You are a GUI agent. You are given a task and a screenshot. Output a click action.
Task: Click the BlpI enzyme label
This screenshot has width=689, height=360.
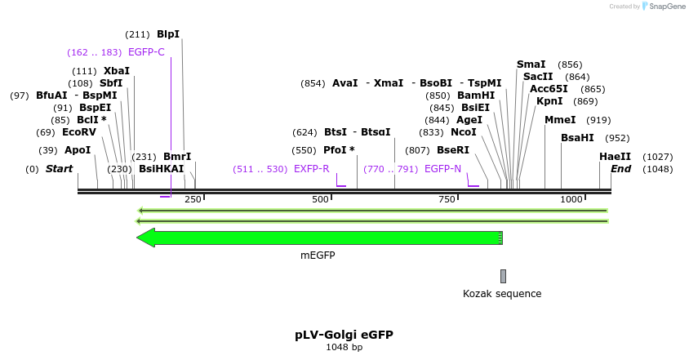[168, 34]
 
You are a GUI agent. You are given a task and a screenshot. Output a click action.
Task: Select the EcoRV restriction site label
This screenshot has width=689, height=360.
[79, 132]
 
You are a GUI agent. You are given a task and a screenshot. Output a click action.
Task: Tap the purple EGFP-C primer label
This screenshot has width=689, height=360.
[146, 52]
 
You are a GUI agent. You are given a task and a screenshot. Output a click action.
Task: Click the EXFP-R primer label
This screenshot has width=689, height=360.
[311, 169]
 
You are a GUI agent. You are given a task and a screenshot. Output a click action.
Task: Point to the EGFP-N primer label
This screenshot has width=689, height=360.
[442, 169]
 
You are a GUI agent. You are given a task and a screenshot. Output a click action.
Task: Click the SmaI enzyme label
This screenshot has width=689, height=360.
[531, 64]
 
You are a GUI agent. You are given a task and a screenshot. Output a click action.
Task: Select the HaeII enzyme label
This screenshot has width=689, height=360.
[615, 157]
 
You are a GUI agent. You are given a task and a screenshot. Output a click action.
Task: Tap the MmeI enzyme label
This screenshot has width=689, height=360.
[560, 120]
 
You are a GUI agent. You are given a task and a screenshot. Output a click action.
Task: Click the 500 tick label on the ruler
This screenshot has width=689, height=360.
[320, 199]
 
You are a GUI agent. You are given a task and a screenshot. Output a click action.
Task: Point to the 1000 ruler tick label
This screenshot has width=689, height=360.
[571, 199]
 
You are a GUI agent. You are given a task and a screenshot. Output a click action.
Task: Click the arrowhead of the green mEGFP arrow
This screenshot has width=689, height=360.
[145, 238]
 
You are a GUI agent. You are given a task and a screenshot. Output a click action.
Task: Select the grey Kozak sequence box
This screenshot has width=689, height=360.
[504, 276]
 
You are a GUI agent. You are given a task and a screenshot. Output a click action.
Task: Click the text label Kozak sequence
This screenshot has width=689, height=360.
[502, 294]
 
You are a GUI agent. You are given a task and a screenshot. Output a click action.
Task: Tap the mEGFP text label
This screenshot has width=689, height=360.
[318, 256]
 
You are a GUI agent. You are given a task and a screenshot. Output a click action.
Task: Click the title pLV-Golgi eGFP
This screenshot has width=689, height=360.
[344, 335]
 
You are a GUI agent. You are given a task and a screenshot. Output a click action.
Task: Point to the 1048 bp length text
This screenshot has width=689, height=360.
[344, 347]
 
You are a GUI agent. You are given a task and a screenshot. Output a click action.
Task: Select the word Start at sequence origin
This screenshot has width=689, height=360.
[59, 169]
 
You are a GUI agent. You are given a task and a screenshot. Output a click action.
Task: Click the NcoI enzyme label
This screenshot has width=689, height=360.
[463, 132]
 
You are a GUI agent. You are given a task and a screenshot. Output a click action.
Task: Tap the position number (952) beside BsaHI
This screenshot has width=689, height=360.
[617, 138]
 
